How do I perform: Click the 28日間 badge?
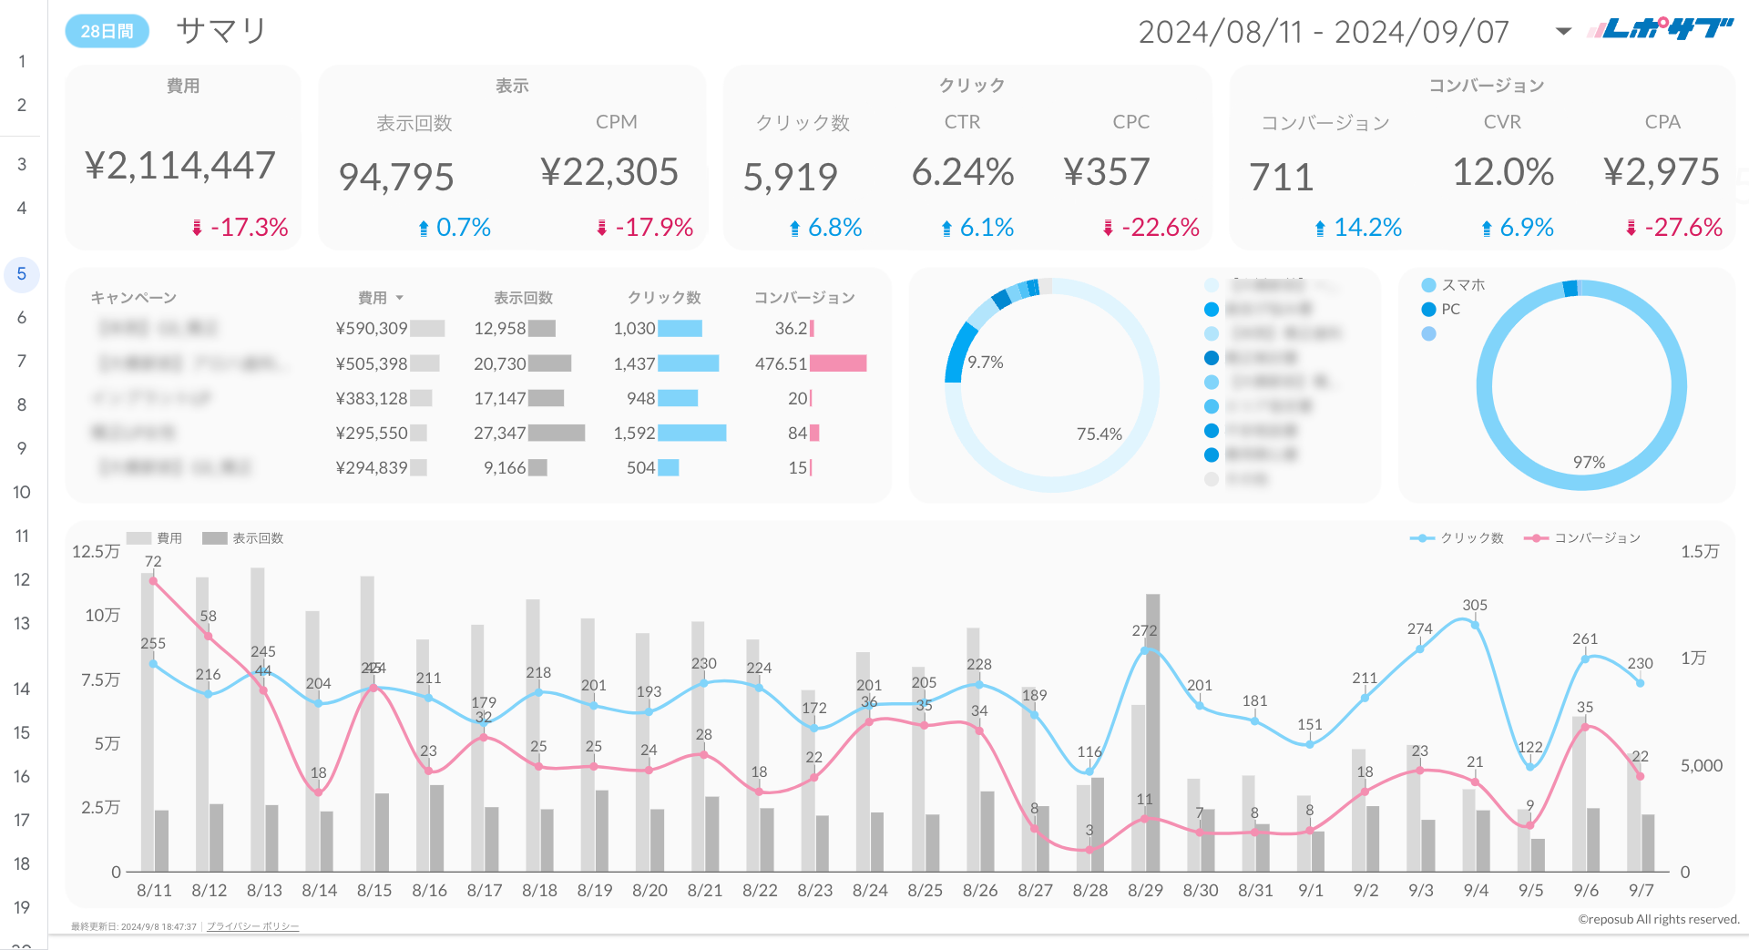(107, 31)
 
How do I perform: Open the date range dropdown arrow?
(1563, 31)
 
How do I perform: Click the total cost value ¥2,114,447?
(179, 166)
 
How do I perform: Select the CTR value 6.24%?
(962, 172)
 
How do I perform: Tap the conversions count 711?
(1281, 177)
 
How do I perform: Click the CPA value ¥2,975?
(1661, 172)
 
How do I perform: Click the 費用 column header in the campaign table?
(373, 298)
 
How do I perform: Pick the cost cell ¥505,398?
(371, 363)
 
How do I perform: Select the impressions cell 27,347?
(499, 433)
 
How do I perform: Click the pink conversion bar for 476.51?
(837, 363)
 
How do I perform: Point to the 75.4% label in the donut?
(1099, 434)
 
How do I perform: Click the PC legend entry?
(1449, 310)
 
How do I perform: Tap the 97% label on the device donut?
(1589, 463)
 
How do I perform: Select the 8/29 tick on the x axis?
(1145, 890)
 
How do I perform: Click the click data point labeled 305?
(1475, 625)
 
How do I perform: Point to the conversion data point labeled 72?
(153, 580)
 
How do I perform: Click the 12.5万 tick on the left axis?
(96, 551)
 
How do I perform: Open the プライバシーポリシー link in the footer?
(252, 926)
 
